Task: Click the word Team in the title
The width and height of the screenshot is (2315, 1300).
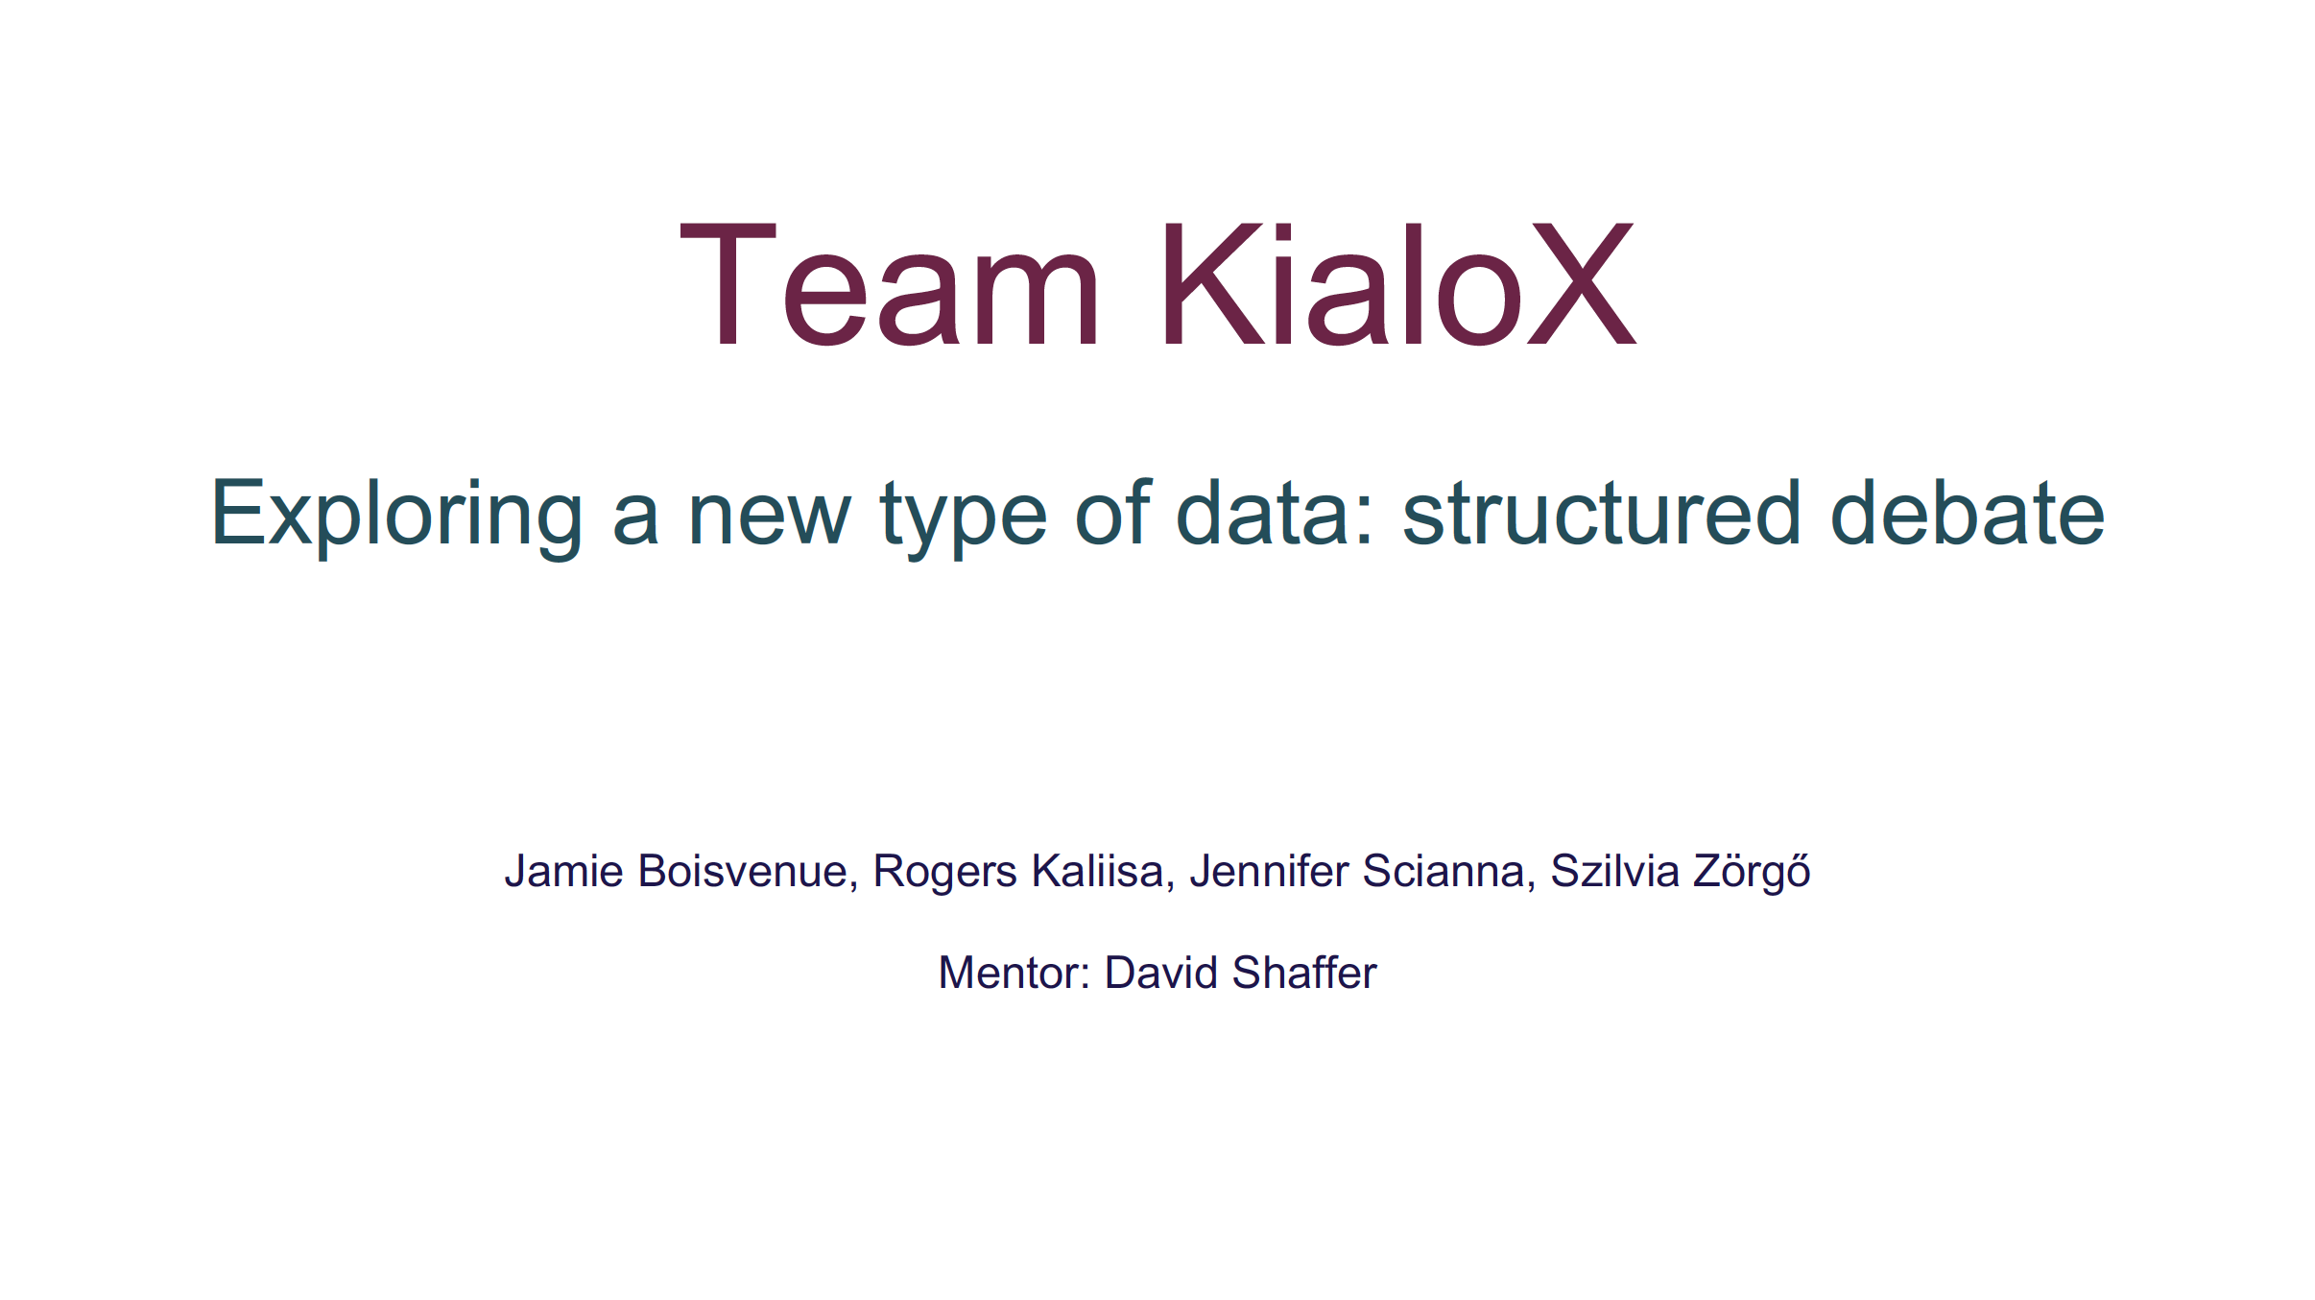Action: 890,283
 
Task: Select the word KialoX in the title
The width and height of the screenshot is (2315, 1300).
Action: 1397,283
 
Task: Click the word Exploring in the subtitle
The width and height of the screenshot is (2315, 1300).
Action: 396,517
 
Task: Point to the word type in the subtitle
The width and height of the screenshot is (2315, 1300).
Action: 964,519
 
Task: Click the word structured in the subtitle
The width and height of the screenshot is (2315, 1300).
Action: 1602,513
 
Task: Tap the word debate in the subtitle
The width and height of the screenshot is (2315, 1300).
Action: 1968,513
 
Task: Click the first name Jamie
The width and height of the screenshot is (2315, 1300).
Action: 564,871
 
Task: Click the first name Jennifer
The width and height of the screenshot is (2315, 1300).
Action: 1269,871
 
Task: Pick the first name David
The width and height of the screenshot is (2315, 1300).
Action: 1161,973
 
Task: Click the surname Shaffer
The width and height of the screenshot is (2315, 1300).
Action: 1305,973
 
